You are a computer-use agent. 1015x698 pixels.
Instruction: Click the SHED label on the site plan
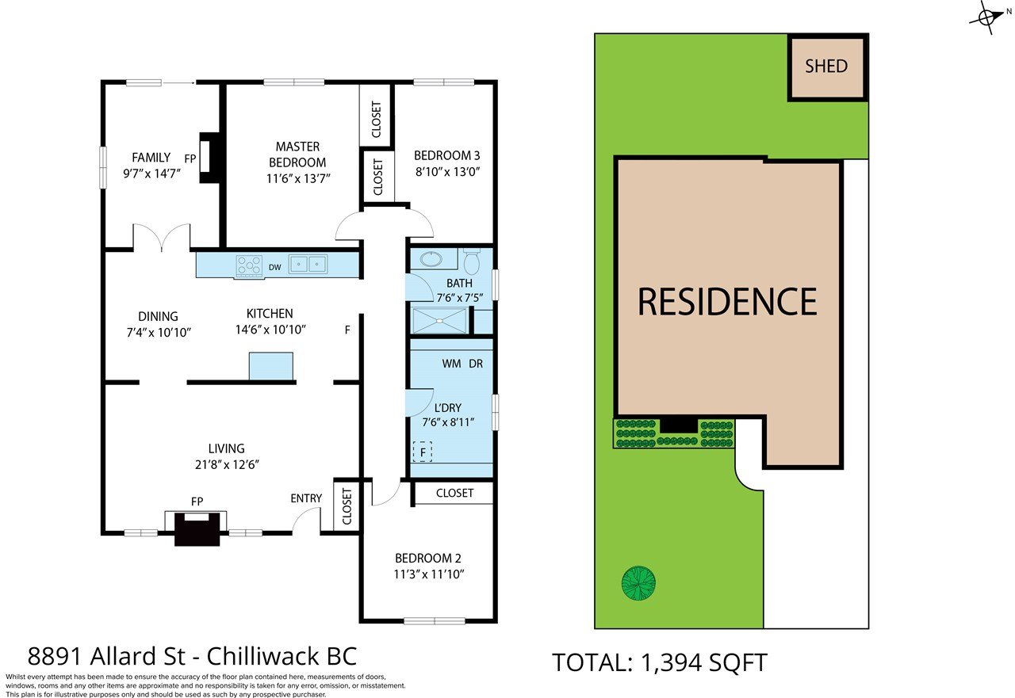826,67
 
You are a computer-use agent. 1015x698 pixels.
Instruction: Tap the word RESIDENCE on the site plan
727,302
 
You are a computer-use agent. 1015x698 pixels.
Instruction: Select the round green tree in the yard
638,583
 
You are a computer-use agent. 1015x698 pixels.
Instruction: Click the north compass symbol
989,17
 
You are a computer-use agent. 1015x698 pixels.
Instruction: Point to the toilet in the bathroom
472,261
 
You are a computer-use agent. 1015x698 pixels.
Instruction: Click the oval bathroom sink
431,259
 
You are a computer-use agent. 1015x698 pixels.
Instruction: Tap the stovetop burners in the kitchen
249,266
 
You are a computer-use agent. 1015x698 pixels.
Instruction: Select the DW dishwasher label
274,268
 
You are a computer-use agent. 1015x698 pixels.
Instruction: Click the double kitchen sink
308,264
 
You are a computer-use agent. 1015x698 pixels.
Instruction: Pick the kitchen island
271,366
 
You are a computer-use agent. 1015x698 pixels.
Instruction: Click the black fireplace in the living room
197,528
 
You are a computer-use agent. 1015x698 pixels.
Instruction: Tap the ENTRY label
306,498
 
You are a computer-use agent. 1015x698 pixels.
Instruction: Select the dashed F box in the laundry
423,452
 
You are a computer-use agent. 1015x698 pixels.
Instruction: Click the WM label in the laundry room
451,364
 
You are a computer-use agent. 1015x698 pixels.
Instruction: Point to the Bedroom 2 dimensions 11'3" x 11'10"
429,574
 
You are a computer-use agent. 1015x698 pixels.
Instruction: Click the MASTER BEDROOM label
297,154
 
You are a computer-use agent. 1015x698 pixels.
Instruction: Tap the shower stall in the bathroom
439,321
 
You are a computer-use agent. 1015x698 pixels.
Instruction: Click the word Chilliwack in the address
262,656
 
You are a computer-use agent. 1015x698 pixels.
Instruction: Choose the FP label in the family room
190,159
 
